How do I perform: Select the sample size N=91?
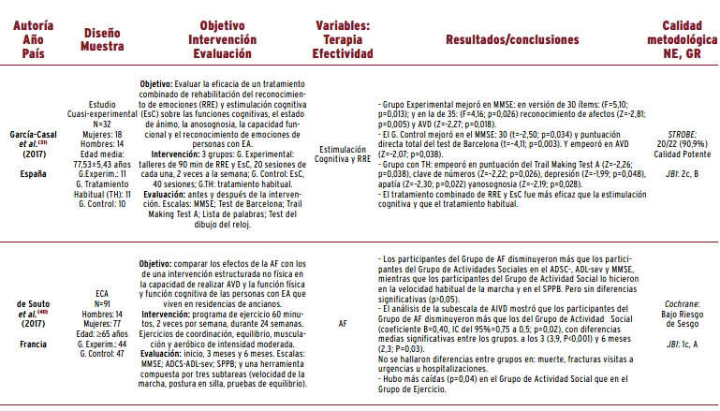[x=102, y=303]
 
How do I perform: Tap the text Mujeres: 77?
[x=102, y=324]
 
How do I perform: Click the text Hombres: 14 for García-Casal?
[x=102, y=143]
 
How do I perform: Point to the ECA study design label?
[x=102, y=293]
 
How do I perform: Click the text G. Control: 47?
[x=102, y=355]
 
